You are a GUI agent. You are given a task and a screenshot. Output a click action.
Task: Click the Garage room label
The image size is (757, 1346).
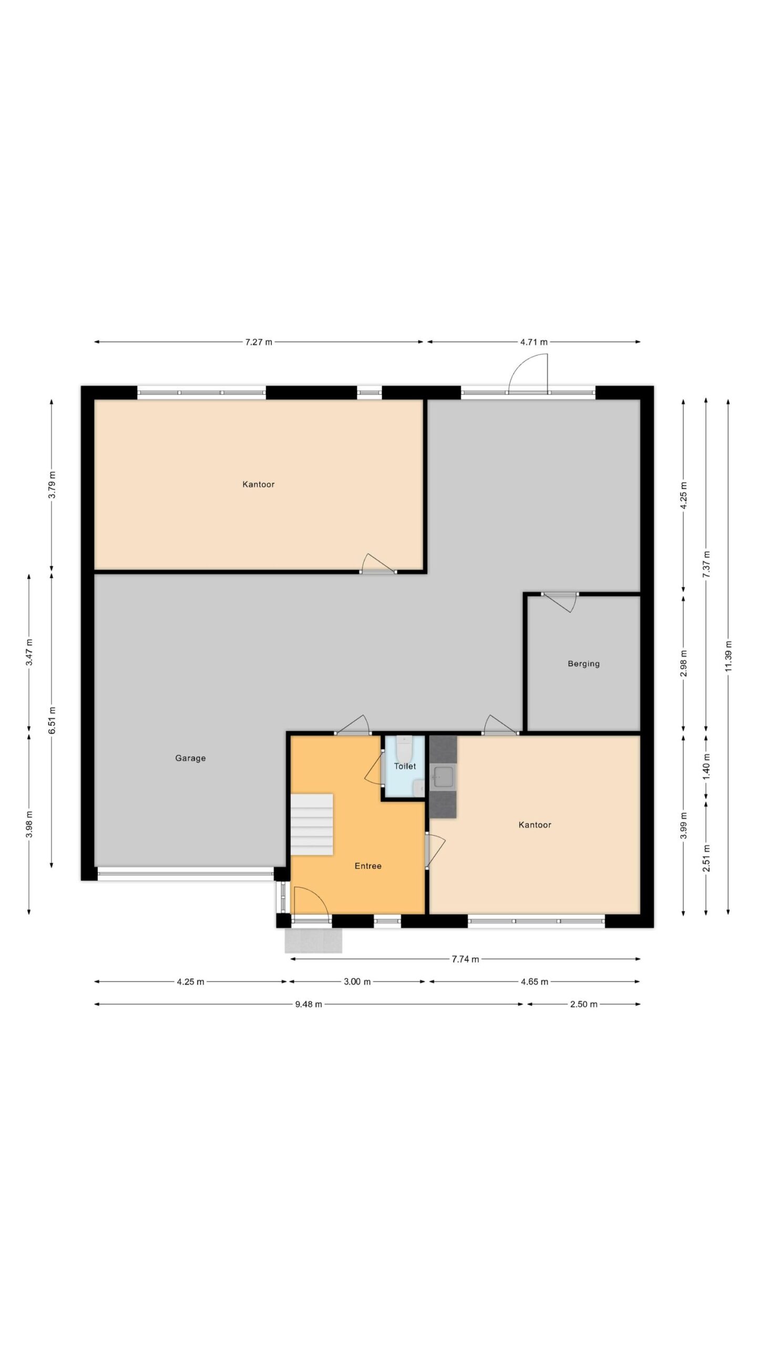pos(190,758)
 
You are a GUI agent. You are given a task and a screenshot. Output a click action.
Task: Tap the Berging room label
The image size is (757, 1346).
pos(584,664)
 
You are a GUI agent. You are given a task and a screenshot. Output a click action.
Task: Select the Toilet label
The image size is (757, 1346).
pos(405,766)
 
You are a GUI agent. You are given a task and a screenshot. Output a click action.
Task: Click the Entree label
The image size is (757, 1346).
pos(368,866)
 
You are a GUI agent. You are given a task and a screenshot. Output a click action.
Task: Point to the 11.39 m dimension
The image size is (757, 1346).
pos(728,656)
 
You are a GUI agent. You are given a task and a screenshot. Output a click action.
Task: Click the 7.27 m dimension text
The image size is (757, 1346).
pos(259,342)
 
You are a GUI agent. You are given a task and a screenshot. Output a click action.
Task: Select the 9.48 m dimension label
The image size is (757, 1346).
pos(309,1004)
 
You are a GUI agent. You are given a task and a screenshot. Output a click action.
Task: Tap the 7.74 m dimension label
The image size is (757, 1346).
pos(465,959)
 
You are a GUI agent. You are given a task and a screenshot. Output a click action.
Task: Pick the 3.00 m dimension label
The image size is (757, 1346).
pos(357,982)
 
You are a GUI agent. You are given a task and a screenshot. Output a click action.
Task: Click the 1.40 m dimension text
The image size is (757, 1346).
pos(706,767)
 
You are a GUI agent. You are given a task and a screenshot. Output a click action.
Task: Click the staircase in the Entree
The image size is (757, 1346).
pos(312,824)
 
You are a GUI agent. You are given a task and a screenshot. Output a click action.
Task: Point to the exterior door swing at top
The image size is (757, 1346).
pos(528,373)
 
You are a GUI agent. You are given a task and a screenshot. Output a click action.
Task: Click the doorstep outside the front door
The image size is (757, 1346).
pos(313,940)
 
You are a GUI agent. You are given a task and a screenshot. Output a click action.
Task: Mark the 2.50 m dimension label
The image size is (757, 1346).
pos(584,1004)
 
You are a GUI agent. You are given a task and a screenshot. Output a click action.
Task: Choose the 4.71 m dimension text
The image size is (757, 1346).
pos(534,342)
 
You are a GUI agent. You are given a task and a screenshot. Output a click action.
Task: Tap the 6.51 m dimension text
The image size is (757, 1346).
pos(52,720)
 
